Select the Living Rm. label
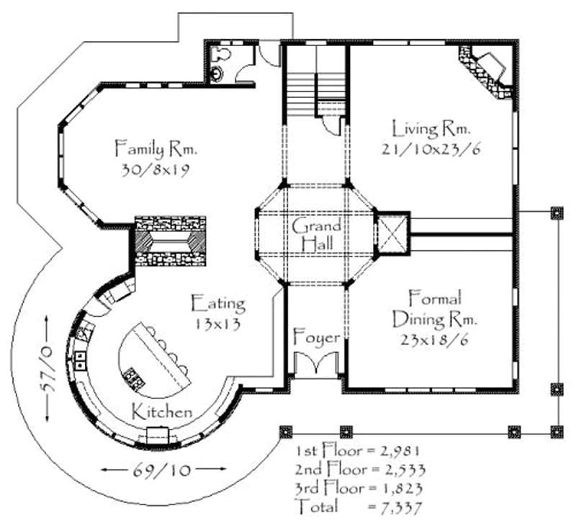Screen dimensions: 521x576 pos(431,130)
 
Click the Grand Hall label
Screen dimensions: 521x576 pos(316,235)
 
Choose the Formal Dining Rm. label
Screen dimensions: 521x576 pos(434,308)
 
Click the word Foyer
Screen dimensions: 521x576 pos(316,337)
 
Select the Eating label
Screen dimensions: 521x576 pos(217,303)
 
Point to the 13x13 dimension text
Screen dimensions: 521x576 pos(217,324)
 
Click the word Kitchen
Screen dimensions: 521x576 pos(162,413)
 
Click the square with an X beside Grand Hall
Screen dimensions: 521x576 pos(392,234)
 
